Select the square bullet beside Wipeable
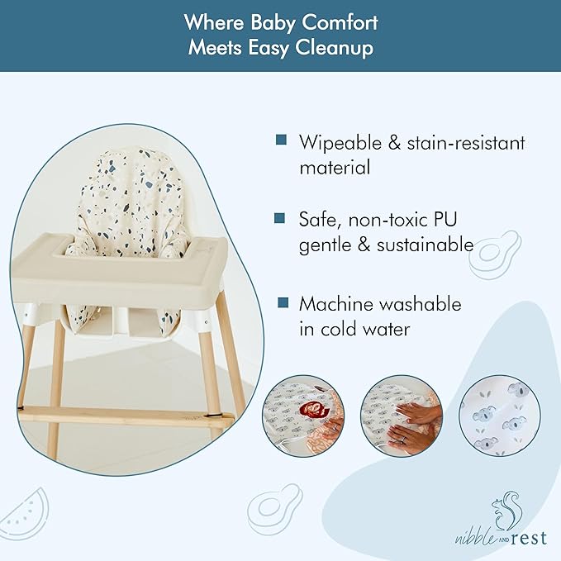point(281,140)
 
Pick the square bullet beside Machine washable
point(281,302)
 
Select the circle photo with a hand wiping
point(402,415)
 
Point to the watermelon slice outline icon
point(25,516)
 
